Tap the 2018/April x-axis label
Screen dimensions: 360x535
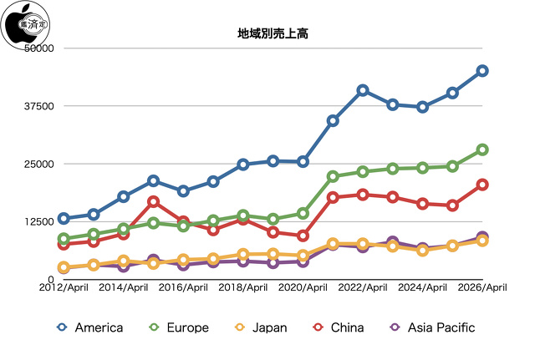[243, 288]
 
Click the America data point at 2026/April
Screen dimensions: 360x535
[482, 71]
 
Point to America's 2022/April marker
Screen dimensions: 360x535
[363, 90]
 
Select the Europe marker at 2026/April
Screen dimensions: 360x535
[482, 150]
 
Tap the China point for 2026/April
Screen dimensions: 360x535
[482, 185]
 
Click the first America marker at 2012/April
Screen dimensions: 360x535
[64, 219]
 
